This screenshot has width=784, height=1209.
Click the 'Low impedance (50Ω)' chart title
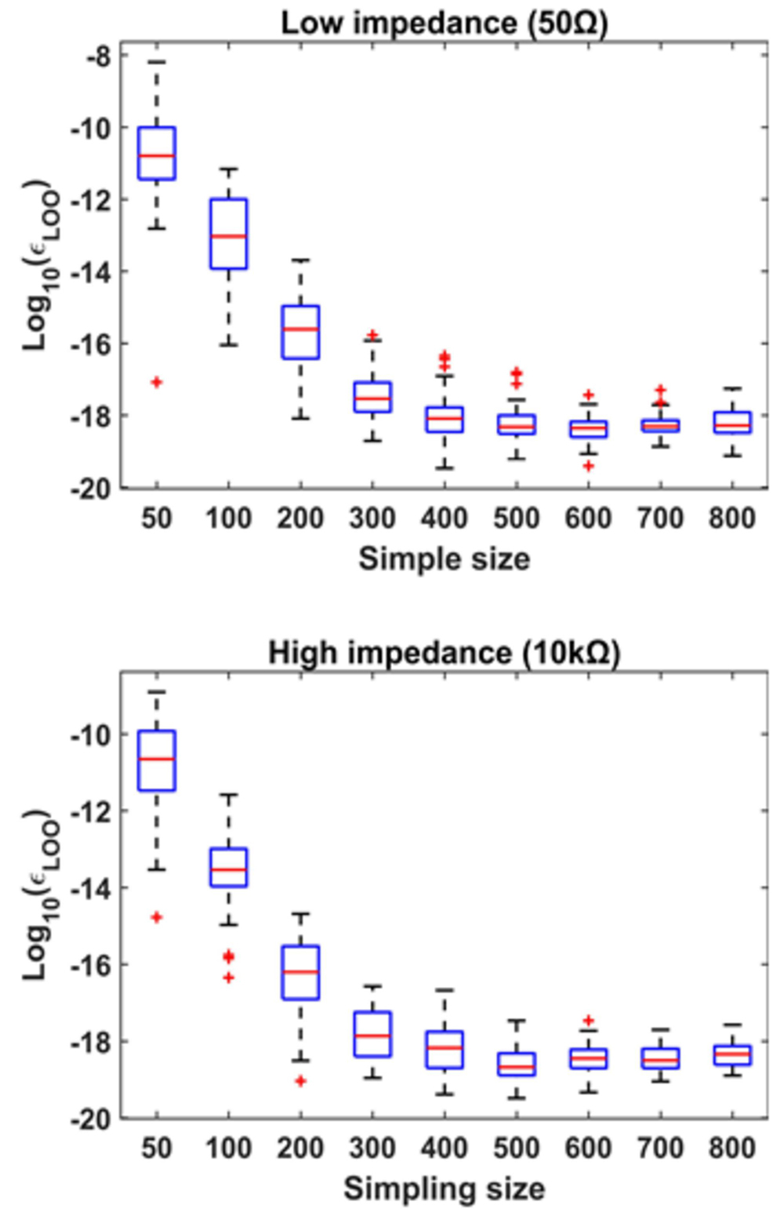pyautogui.click(x=444, y=22)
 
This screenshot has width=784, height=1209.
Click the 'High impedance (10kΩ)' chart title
pyautogui.click(x=444, y=653)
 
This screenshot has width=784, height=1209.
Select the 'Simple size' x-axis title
pyautogui.click(x=444, y=559)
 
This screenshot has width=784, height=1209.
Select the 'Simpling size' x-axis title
pyautogui.click(x=444, y=1189)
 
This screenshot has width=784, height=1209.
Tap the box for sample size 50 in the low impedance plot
pyautogui.click(x=157, y=153)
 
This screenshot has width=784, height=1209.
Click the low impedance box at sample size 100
pyautogui.click(x=228, y=234)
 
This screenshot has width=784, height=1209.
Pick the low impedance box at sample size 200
pyautogui.click(x=300, y=332)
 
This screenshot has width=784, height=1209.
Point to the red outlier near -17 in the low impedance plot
pyautogui.click(x=157, y=382)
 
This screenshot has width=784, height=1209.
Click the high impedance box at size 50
pyautogui.click(x=157, y=760)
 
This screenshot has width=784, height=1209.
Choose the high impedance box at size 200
pyautogui.click(x=300, y=972)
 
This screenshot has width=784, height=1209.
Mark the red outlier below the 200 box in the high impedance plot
pyautogui.click(x=300, y=1081)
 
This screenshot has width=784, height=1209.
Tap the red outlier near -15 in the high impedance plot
pyautogui.click(x=157, y=916)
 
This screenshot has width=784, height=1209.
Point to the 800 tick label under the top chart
pyautogui.click(x=731, y=518)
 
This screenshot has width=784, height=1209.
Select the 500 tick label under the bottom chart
pyautogui.click(x=516, y=1148)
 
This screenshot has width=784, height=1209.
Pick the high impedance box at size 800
pyautogui.click(x=731, y=1054)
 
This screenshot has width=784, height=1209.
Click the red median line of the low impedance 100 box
pyautogui.click(x=228, y=236)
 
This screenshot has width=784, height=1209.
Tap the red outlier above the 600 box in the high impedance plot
pyautogui.click(x=588, y=1021)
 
